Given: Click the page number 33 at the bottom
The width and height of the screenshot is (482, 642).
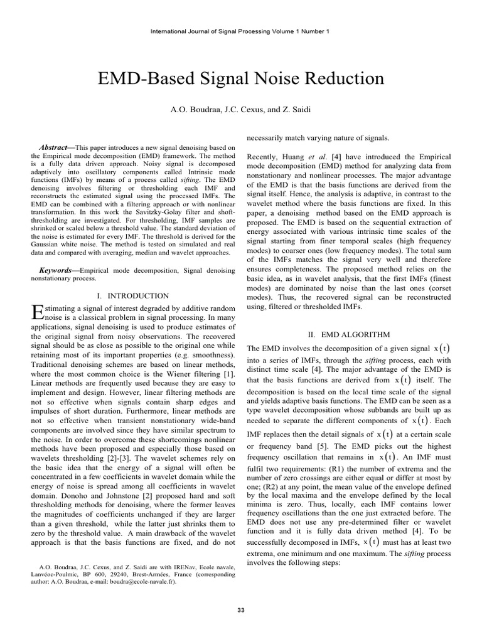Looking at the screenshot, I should coord(242,609).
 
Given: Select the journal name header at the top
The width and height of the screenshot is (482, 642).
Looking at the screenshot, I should coord(241,31).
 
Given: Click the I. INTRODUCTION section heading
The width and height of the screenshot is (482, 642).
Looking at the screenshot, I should coord(133,295).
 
